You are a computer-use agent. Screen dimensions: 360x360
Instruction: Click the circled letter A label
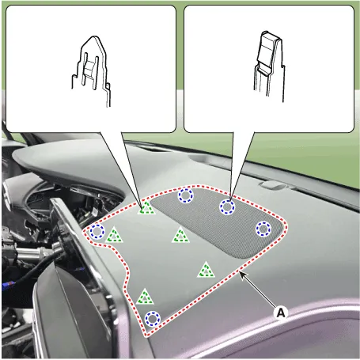(x=281, y=313)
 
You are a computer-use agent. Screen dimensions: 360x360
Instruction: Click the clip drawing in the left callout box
(x=91, y=71)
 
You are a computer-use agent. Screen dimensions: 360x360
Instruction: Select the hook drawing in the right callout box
(x=269, y=66)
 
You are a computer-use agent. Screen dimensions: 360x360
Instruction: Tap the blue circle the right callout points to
(x=227, y=207)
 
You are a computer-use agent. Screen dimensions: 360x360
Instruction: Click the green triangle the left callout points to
(x=146, y=207)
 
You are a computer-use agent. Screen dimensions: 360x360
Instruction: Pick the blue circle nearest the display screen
(x=97, y=232)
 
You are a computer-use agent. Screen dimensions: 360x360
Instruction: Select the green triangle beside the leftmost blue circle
(x=114, y=235)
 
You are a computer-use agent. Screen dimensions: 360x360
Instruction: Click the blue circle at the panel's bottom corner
(x=153, y=319)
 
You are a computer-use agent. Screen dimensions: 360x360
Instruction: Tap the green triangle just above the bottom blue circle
(x=145, y=297)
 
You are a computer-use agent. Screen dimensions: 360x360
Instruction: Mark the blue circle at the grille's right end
(x=263, y=229)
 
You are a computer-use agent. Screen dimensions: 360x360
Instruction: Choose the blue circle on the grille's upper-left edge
(x=186, y=195)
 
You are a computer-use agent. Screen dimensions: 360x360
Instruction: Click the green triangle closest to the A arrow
(x=206, y=270)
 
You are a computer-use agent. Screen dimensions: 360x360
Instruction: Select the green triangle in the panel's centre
(x=180, y=235)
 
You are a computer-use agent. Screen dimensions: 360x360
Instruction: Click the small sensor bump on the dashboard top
(x=272, y=184)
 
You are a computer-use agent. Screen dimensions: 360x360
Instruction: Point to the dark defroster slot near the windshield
(x=156, y=150)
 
